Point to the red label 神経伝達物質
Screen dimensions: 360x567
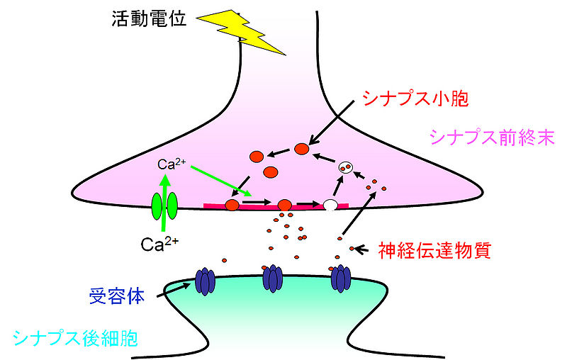pyautogui.click(x=434, y=249)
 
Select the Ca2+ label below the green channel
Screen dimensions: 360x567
pyautogui.click(x=159, y=245)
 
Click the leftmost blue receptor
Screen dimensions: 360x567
pyautogui.click(x=206, y=281)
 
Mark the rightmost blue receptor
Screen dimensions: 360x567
pyautogui.click(x=342, y=278)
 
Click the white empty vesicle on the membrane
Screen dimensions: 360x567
pyautogui.click(x=330, y=206)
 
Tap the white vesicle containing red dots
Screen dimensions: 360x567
pyautogui.click(x=345, y=168)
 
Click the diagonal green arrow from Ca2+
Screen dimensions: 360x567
pyautogui.click(x=221, y=180)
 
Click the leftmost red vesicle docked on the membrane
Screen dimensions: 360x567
pyautogui.click(x=232, y=206)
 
